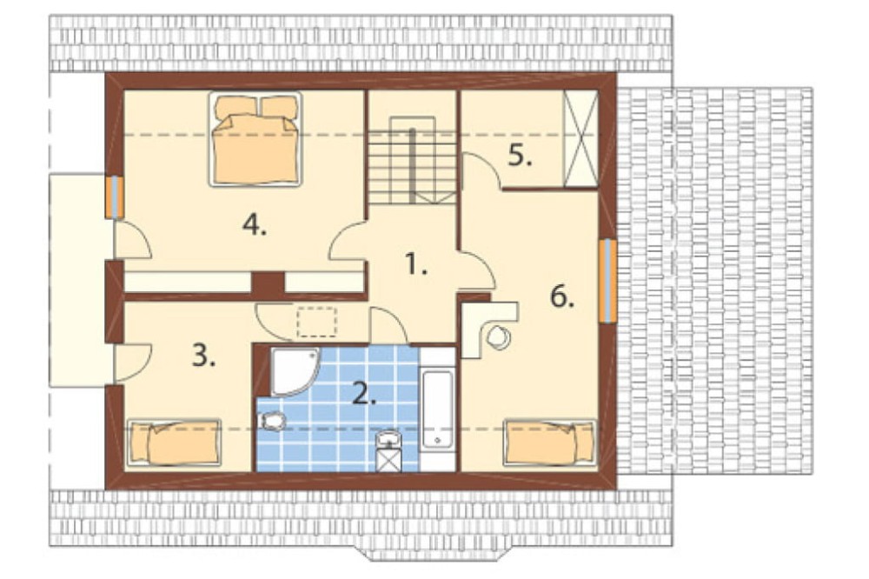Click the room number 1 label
point(416,264)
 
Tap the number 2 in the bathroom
point(365,393)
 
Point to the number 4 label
point(255,225)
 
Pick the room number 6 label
point(562,297)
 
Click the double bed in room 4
point(255,138)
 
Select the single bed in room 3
point(174,442)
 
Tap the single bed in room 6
point(549,442)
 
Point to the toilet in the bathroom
point(272,422)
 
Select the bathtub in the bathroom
point(437,409)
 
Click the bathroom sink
point(388,439)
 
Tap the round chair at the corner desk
point(499,337)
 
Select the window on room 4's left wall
point(114,196)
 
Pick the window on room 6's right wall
point(608,280)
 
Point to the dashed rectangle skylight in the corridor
point(317,322)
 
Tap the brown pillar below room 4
point(269,283)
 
